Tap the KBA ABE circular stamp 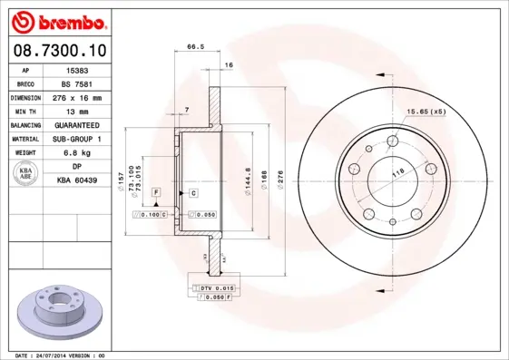(26, 175)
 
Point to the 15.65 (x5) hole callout (425, 112)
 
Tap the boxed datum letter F (156, 193)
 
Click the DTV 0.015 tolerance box (211, 287)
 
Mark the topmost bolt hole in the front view (393, 141)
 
